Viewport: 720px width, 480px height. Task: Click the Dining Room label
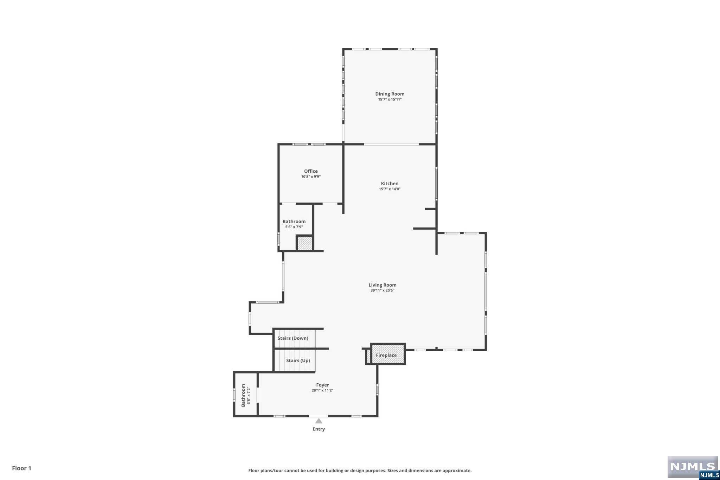[x=390, y=94]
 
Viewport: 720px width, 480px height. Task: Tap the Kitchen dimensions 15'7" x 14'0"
[x=390, y=189]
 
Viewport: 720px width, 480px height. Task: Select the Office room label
[x=311, y=171]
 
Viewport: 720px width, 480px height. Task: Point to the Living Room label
[x=382, y=285]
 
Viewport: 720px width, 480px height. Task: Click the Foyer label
[x=322, y=385]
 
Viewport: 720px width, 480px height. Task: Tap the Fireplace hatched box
[x=388, y=354]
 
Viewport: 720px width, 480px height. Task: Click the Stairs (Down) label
[x=292, y=338]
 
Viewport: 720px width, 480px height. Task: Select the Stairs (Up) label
[x=298, y=360]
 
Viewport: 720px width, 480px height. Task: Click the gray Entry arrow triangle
[x=319, y=421]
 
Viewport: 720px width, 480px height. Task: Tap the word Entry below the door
[x=319, y=429]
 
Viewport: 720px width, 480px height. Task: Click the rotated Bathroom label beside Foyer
[x=243, y=395]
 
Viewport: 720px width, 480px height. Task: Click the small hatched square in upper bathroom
[x=304, y=243]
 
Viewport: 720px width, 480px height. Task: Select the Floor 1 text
[x=22, y=468]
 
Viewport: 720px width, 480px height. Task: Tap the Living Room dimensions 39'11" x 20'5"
[x=382, y=290]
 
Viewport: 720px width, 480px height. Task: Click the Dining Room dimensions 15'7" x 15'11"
[x=390, y=100]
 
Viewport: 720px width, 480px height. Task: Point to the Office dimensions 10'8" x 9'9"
[x=311, y=177]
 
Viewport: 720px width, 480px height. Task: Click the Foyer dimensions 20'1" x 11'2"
[x=322, y=390]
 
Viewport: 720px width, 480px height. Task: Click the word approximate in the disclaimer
[x=457, y=471]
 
